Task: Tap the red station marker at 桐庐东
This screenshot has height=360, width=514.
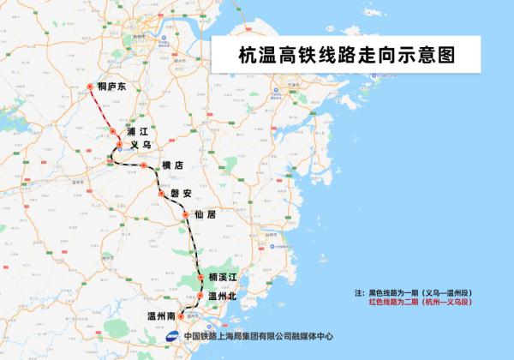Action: click(92, 85)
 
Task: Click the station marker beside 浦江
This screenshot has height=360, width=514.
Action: click(113, 130)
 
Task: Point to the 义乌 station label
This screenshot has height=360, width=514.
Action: click(140, 146)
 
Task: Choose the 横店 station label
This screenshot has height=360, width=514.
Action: click(173, 165)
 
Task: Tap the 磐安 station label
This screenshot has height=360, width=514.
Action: click(182, 193)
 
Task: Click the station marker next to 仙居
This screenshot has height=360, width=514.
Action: click(184, 215)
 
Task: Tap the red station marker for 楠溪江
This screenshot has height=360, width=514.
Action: click(200, 277)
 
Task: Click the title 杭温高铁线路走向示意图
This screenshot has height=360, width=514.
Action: click(345, 55)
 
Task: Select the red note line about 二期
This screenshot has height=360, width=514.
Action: click(421, 302)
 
